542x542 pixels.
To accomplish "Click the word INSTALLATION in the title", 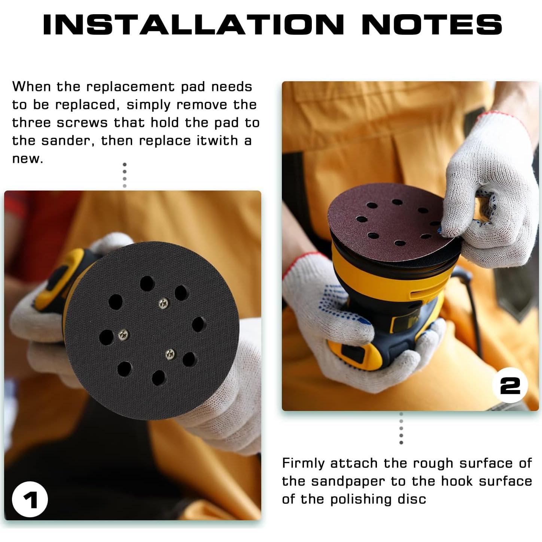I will [193, 25].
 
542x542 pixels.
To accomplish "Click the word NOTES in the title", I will [432, 25].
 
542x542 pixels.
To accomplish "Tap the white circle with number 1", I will [30, 499].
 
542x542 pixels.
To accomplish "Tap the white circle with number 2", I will [510, 385].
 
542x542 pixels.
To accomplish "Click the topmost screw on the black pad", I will [163, 303].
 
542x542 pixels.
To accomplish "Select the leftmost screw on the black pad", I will [123, 335].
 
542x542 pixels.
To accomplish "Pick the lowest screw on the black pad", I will [170, 353].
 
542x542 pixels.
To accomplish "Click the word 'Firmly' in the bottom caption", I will [303, 464].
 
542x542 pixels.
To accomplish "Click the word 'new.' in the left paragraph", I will [27, 159].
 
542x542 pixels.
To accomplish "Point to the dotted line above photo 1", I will [125, 175].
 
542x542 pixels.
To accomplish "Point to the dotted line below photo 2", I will [401, 428].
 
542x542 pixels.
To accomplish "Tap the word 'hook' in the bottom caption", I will [457, 481].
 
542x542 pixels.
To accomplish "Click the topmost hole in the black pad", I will [147, 284].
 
